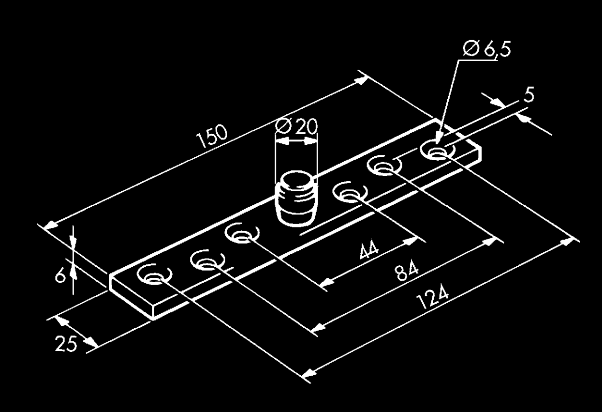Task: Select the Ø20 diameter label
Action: tap(295, 127)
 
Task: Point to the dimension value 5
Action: tap(529, 95)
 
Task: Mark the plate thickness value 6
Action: tap(60, 275)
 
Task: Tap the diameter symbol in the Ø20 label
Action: tap(283, 127)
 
